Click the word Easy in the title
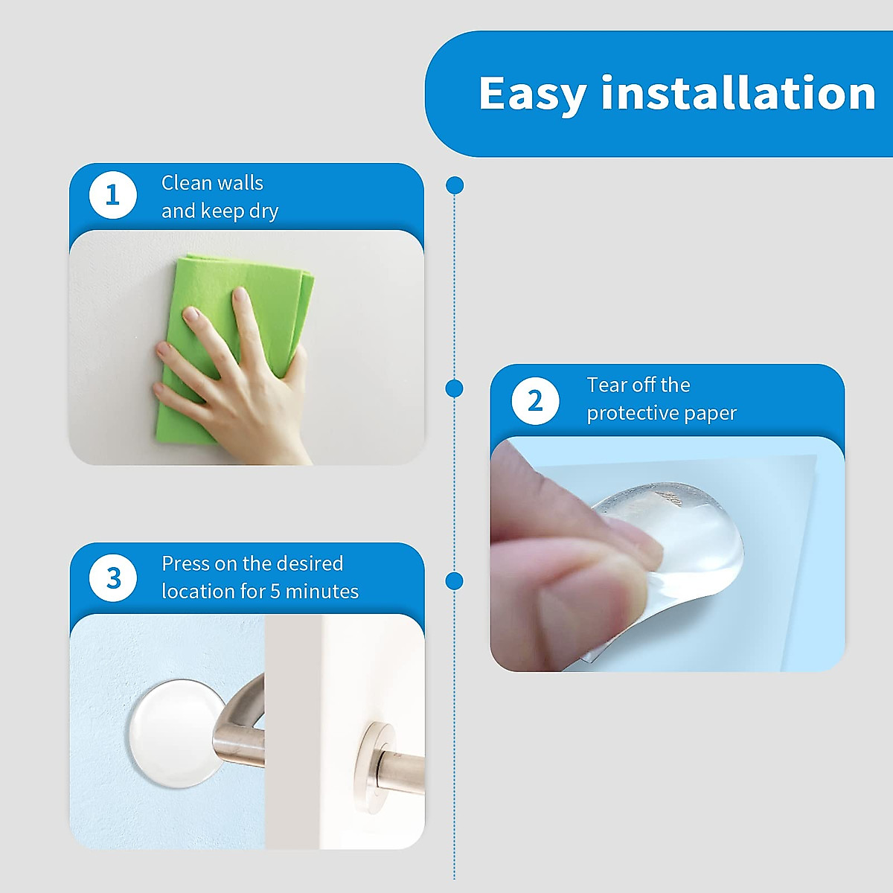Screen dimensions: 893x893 coord(533,95)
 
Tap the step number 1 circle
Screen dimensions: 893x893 coord(112,195)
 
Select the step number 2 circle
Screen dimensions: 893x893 coord(535,401)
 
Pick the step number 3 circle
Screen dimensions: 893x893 coord(112,578)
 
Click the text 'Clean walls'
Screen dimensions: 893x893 coord(212,183)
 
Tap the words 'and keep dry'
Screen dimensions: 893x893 coord(220,211)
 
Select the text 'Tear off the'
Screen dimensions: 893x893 coord(638,385)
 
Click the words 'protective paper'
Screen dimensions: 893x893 coord(662,413)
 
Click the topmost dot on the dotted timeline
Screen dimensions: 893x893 coord(455,185)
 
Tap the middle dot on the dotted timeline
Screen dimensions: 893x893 coord(454,388)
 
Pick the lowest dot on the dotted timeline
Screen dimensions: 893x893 coord(454,580)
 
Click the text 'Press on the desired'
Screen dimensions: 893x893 coord(252,564)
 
